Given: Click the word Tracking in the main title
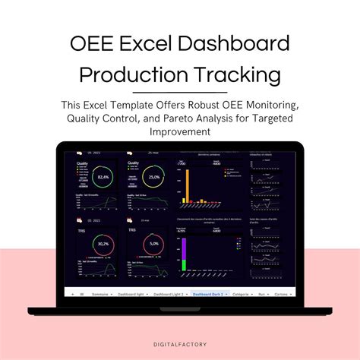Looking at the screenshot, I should tap(238, 75).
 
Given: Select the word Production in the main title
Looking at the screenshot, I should tap(134, 75).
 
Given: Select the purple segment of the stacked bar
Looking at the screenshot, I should tap(185, 252).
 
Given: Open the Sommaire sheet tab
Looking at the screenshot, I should tap(101, 292).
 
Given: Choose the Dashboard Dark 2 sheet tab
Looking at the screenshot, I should tap(207, 292).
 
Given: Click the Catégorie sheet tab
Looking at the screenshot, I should tap(242, 292).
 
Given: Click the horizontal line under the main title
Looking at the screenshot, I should tap(180, 92).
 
